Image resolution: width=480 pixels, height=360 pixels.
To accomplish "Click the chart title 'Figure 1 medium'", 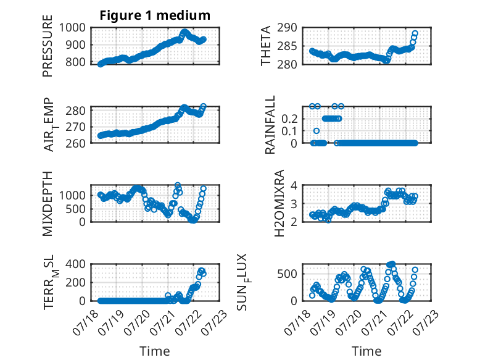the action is (x=155, y=15).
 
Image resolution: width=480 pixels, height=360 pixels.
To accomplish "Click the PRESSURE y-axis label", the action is (x=48, y=46).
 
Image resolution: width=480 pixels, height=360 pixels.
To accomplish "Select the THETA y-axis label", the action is (x=266, y=46).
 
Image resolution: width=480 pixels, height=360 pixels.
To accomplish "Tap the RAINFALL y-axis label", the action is (x=270, y=125).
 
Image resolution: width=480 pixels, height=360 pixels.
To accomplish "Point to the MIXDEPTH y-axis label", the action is (x=48, y=203).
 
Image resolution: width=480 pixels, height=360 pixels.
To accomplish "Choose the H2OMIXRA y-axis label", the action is (x=279, y=203).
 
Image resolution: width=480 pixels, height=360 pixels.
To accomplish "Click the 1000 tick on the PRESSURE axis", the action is (x=72, y=28).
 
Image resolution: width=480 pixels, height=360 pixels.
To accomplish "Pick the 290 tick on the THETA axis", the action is (x=287, y=28).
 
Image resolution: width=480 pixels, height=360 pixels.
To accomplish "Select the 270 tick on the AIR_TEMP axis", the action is (x=75, y=127).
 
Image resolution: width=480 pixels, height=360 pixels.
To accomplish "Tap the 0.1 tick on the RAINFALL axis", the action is (x=289, y=131).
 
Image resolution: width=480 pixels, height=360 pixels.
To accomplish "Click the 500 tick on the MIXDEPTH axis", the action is (x=76, y=209).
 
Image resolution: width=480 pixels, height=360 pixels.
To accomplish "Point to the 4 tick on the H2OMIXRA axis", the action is (x=294, y=185).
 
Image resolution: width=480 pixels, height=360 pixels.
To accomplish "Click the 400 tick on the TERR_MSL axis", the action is (x=75, y=264).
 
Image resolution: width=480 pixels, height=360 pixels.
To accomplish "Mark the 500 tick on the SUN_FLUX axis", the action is (x=287, y=274).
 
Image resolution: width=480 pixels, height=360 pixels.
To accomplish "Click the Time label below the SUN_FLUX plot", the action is (x=366, y=351).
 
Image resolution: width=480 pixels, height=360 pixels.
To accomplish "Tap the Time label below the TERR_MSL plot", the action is (x=155, y=351).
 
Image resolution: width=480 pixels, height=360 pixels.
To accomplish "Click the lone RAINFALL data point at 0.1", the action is (x=317, y=131).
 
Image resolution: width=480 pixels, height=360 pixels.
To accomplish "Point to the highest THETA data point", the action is (x=415, y=33).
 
